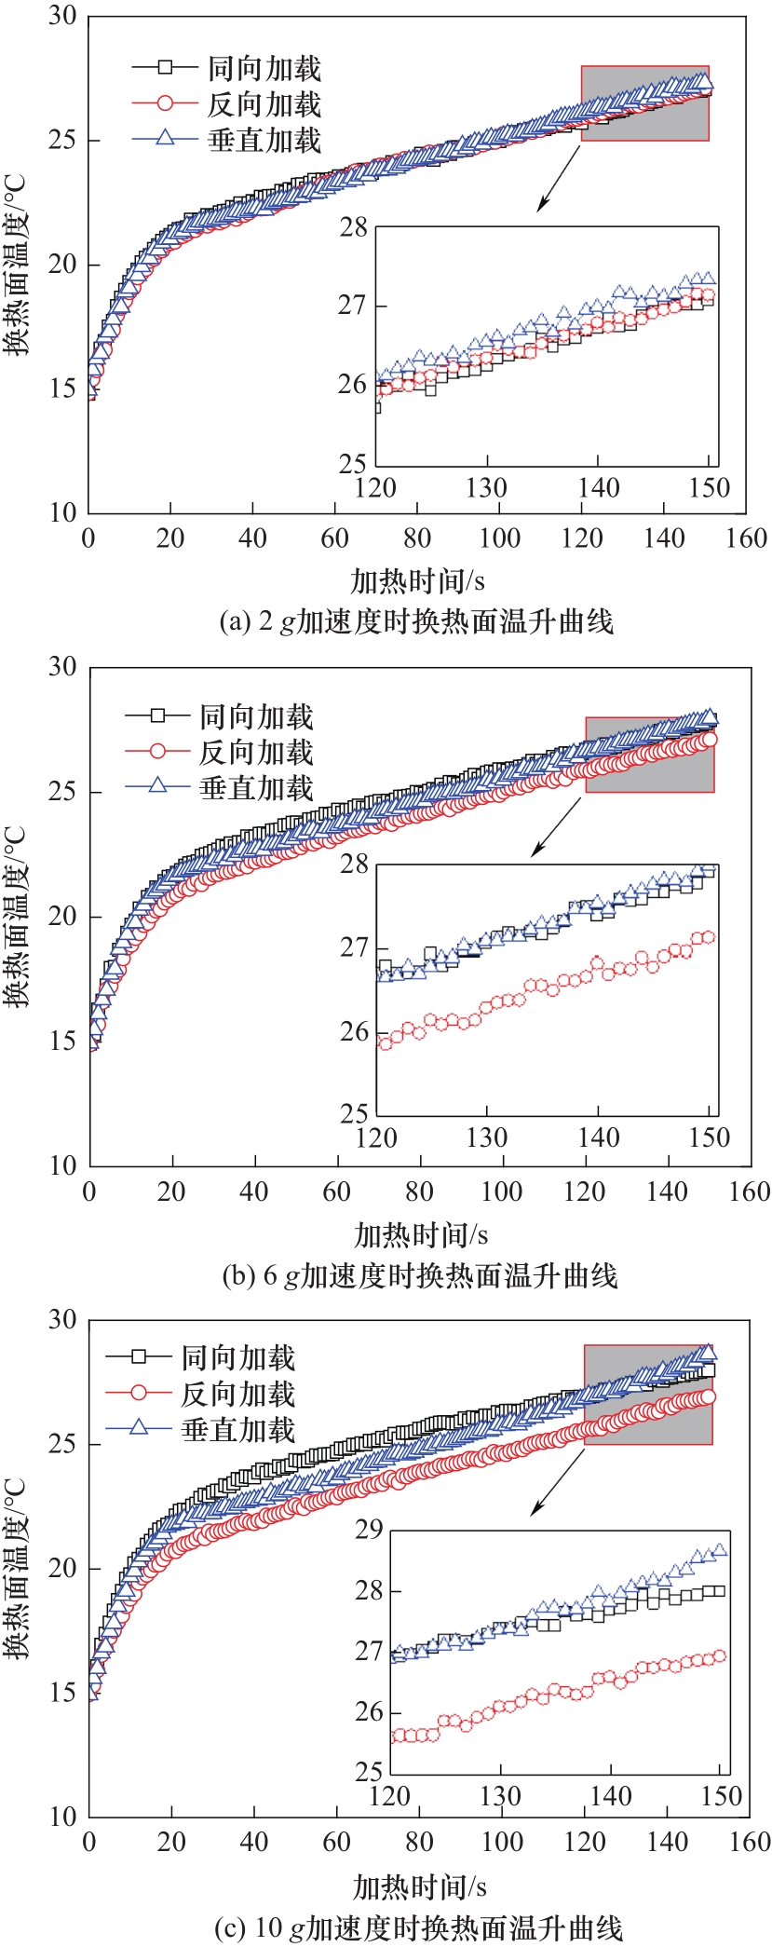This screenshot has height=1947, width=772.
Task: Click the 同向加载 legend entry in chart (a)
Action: tap(264, 68)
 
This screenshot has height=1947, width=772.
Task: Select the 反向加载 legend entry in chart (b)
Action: tap(256, 752)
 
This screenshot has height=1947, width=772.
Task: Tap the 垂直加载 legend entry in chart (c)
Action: tap(238, 1430)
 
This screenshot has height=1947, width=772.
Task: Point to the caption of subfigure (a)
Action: tap(416, 621)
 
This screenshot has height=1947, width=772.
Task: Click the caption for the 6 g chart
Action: tap(419, 1275)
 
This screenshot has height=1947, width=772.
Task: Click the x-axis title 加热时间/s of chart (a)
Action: tap(418, 581)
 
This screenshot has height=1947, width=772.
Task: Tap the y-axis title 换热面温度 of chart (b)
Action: tap(16, 917)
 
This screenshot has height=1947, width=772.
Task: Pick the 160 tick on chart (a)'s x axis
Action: tap(746, 538)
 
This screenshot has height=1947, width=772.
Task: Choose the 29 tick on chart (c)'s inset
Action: tap(370, 1531)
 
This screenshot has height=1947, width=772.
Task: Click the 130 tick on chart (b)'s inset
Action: tap(486, 1137)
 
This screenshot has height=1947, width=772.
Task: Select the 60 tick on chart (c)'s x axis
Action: tap(336, 1842)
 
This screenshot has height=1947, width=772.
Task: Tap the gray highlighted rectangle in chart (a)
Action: tap(644, 102)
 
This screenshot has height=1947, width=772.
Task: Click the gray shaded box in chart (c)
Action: tap(648, 1394)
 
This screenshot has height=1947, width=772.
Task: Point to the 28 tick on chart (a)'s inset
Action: tap(353, 227)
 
